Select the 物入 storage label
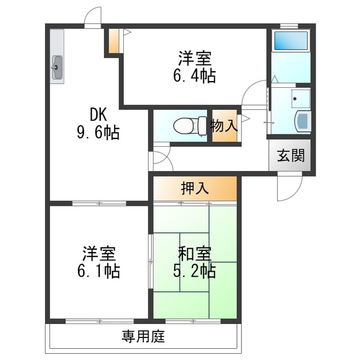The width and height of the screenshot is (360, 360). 224,125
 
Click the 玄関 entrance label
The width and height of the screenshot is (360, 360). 291,155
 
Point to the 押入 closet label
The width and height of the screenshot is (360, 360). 195,188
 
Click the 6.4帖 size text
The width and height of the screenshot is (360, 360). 195,76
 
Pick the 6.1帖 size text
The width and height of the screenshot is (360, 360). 98,271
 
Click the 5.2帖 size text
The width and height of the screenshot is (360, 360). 194,271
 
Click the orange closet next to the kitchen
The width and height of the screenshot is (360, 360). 114,40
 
